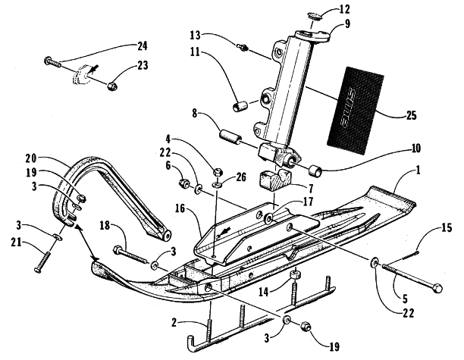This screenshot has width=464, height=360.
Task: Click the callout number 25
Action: coord(411,116)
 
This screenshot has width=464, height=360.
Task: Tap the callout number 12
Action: coord(344,9)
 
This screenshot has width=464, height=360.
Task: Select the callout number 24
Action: coord(142,46)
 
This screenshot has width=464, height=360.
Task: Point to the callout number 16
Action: coord(179,209)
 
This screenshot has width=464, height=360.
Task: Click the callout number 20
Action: coord(30,158)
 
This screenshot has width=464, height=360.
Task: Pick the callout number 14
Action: coord(263,293)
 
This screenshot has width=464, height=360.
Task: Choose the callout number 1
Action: coord(418,171)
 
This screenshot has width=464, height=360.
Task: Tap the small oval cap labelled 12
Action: coord(312,16)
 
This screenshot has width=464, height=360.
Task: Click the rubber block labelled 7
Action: coord(275,180)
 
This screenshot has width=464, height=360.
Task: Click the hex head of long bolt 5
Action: coord(437,288)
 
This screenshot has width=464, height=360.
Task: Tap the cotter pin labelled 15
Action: coord(410,255)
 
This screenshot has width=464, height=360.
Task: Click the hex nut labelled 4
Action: coord(217,171)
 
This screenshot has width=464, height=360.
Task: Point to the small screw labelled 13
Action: coord(243,47)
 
